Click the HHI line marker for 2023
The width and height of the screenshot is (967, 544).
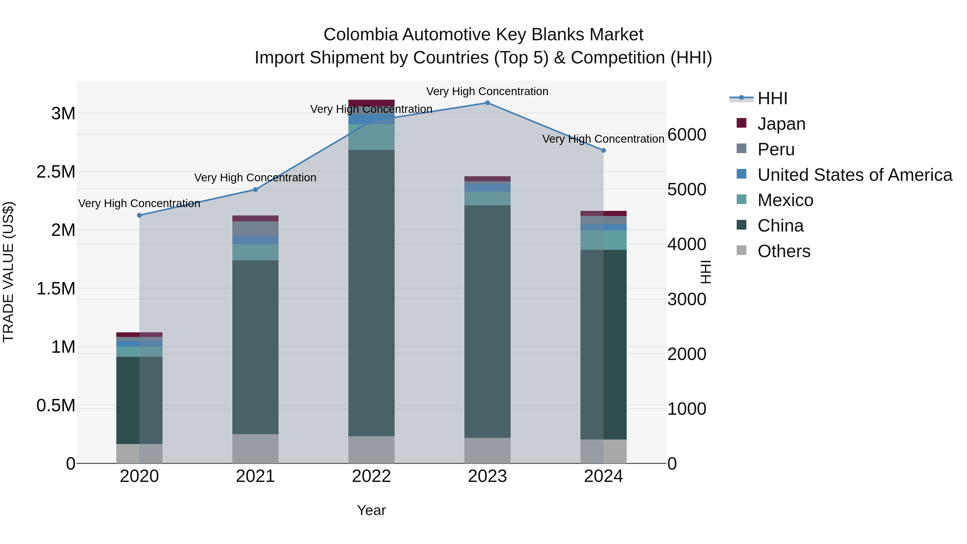(487, 103)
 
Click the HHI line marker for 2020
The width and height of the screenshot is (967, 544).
(139, 215)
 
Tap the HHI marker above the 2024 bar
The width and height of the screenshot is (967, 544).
(603, 150)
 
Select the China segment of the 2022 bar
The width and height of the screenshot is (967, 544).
(371, 293)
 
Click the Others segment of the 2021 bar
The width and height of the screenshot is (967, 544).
(255, 449)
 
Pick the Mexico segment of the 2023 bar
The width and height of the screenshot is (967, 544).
(487, 199)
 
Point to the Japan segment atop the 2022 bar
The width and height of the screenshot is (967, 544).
(371, 103)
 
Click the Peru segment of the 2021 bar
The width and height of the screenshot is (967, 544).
(255, 229)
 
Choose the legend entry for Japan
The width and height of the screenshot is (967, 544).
(781, 124)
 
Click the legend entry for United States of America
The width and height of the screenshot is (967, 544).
(854, 175)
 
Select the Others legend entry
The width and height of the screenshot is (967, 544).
(784, 251)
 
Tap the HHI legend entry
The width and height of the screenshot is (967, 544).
(772, 98)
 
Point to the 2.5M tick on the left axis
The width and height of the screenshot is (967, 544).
(56, 172)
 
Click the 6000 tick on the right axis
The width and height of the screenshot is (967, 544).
(687, 135)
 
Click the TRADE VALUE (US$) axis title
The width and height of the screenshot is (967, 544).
(8, 272)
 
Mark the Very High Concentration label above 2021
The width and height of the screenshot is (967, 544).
(255, 178)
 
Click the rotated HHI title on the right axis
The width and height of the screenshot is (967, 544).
(706, 272)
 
